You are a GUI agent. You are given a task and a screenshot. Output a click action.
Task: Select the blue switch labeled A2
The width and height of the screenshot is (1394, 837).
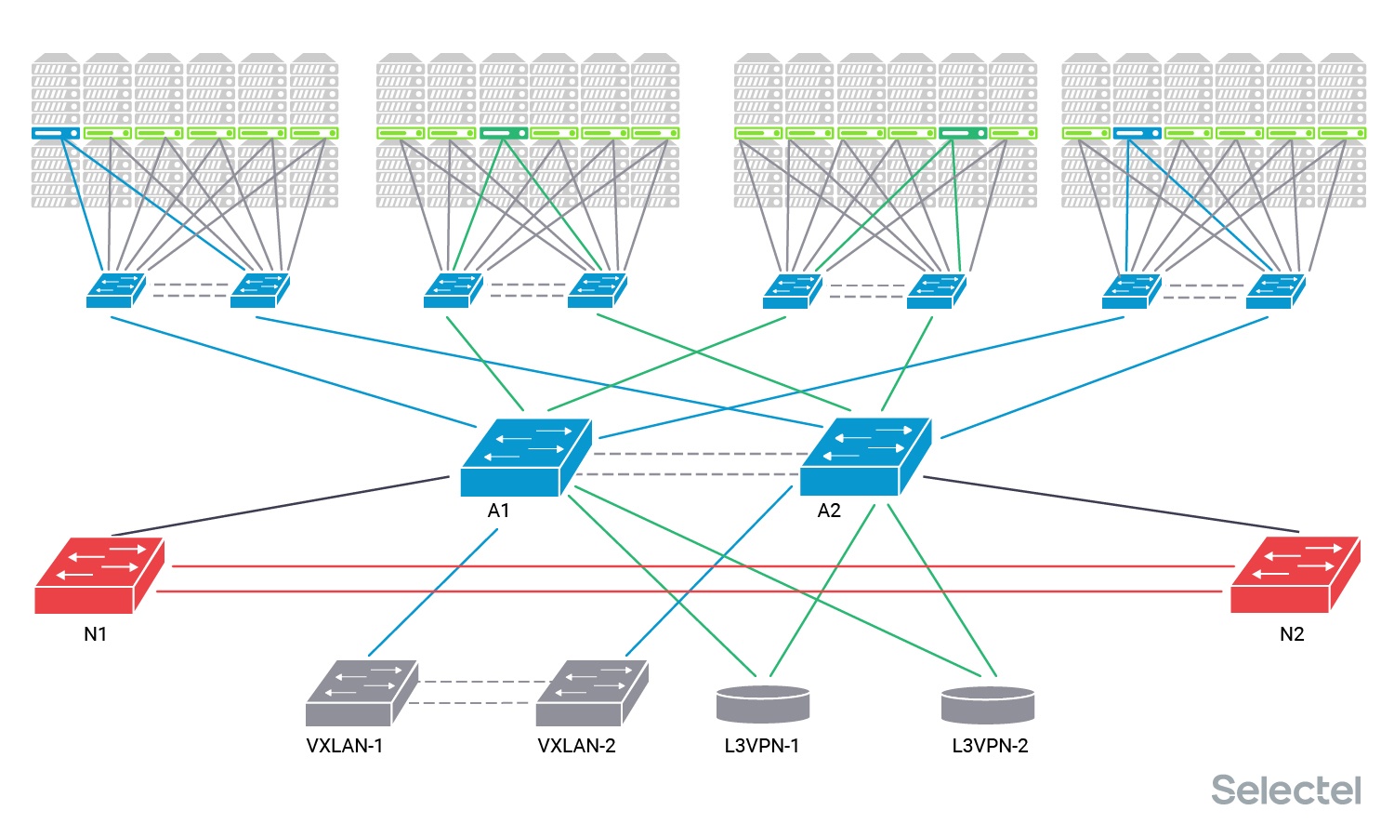coord(864,458)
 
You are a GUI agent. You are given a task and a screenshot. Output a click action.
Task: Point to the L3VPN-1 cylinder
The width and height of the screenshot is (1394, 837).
coord(763,704)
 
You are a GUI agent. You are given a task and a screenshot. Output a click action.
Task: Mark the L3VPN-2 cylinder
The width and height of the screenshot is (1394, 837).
coord(987,705)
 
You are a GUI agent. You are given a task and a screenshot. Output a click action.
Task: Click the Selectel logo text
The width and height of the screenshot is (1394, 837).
coord(1285,790)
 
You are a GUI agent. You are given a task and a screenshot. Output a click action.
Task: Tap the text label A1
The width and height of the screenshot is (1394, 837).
coord(498,511)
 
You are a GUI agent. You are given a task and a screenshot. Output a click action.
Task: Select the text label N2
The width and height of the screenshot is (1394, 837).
coord(1292,634)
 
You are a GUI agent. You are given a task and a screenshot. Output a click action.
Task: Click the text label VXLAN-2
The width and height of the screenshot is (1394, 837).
coord(576,746)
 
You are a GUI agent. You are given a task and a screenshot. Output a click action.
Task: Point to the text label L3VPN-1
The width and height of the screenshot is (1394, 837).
coord(762,746)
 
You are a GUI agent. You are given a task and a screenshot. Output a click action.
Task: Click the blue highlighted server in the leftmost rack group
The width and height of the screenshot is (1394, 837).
coord(56,133)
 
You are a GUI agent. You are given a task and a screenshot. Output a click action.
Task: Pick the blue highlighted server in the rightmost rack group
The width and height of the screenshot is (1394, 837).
coord(1138,133)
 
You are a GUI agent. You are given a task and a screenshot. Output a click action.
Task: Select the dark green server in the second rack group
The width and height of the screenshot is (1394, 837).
coord(504,133)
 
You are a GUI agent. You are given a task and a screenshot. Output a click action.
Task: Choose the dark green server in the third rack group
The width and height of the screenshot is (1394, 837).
coord(963,133)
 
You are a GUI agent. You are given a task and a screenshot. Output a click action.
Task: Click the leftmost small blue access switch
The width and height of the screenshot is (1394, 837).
coord(114,290)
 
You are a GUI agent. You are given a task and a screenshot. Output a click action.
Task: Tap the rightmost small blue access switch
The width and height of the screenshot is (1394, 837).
coord(1274,290)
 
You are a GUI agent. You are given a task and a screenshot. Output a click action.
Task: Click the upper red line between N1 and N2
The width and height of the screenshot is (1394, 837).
coord(697,565)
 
